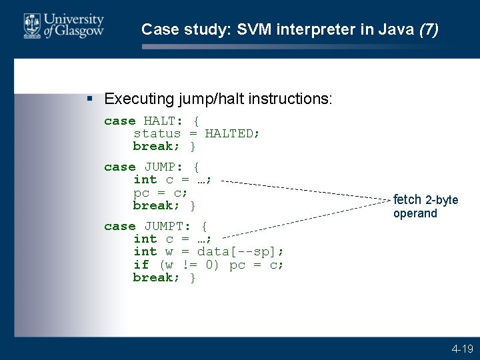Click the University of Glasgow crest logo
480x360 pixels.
[x=32, y=25]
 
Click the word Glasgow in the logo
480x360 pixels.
[x=81, y=31]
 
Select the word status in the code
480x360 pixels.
[x=157, y=133]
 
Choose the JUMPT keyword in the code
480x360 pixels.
[x=167, y=226]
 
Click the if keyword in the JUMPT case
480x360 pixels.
[x=141, y=265]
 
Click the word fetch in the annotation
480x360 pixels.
[x=407, y=200]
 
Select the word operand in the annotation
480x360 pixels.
[x=415, y=213]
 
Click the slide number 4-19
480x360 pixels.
[x=462, y=348]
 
